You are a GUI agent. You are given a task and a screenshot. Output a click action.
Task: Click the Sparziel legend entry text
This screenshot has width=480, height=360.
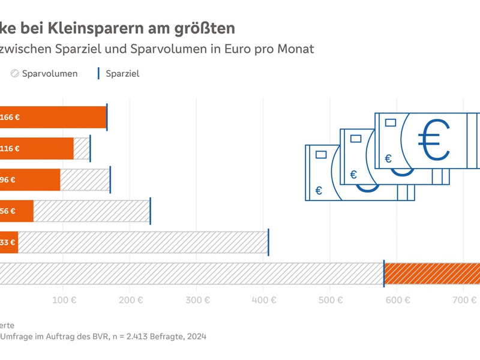122,74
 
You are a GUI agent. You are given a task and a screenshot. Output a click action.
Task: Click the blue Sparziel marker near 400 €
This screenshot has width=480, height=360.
268,242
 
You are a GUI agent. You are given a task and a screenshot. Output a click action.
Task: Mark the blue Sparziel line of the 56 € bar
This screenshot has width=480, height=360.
150,211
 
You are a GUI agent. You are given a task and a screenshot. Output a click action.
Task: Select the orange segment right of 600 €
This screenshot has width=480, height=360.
432,273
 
